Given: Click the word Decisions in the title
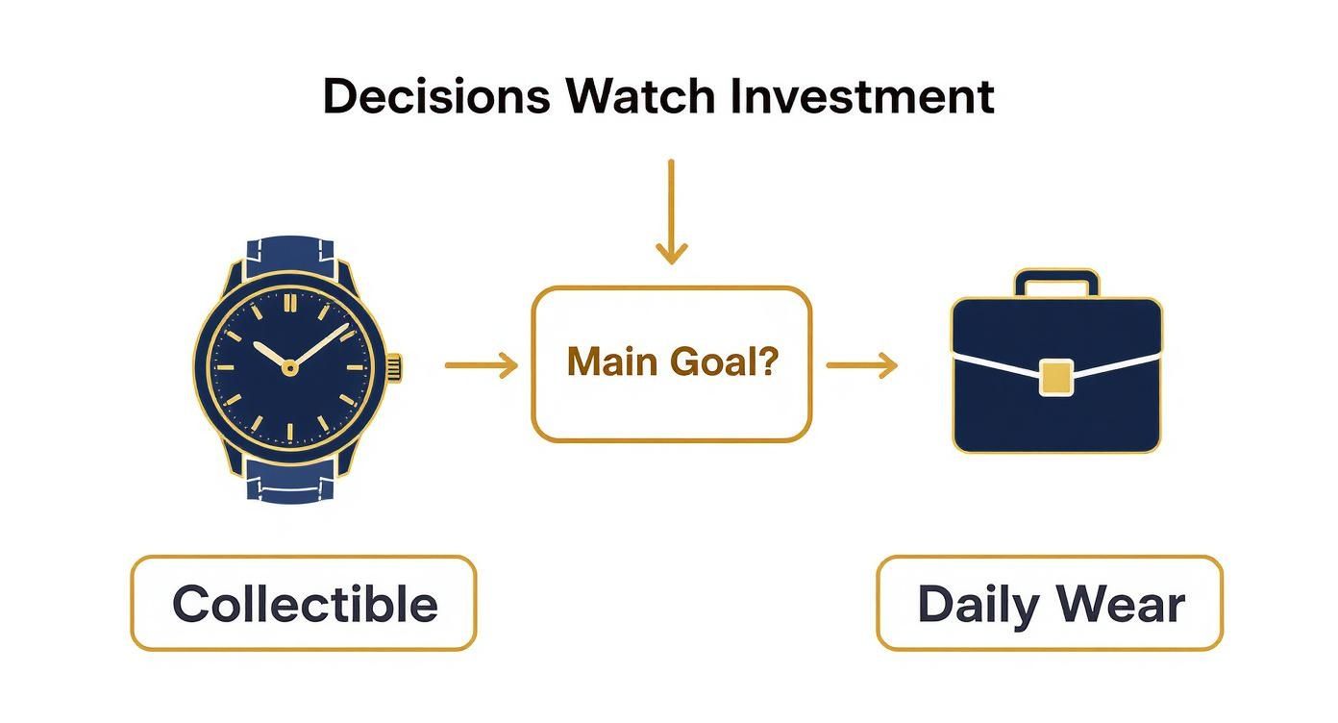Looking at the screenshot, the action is tap(436, 96).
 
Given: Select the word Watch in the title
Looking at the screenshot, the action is tap(640, 96).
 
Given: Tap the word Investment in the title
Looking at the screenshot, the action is tap(862, 96).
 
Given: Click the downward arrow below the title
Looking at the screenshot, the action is tap(671, 212).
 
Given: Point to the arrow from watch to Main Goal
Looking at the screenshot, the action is tap(482, 365).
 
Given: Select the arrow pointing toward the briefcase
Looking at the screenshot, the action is tap(862, 365).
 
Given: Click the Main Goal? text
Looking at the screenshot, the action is tap(673, 362).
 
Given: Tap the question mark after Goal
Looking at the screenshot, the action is tap(767, 361).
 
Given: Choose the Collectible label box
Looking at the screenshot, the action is tap(304, 603).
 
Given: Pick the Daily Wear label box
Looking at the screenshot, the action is tap(1050, 603).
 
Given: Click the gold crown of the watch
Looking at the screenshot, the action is tap(395, 366).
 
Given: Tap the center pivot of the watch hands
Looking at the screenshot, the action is tap(289, 368).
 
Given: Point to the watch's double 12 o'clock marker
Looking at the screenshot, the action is tap(290, 303).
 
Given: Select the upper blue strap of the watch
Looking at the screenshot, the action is tap(290, 256).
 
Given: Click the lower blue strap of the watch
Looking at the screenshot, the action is tap(290, 481).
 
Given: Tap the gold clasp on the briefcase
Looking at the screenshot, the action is tap(1056, 378).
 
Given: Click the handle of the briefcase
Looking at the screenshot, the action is tap(1056, 281).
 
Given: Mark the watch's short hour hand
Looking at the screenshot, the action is tap(270, 355).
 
